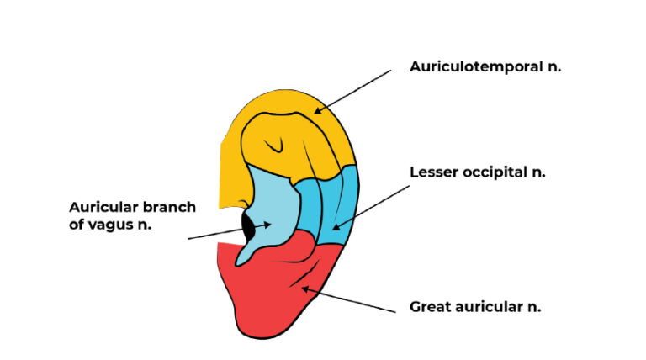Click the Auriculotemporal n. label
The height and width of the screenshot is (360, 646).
click(x=484, y=66)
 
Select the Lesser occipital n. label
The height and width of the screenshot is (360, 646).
click(x=478, y=172)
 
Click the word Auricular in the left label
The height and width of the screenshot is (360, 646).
click(x=98, y=206)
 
